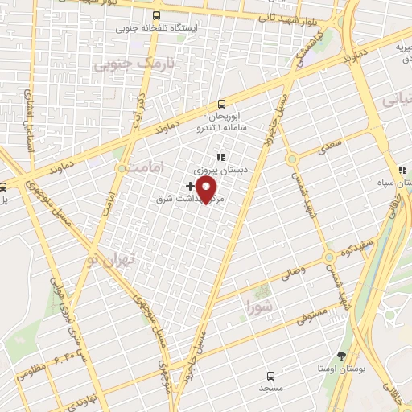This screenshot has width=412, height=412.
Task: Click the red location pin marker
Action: [208, 188]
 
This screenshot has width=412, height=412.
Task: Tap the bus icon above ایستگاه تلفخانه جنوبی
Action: [156, 15]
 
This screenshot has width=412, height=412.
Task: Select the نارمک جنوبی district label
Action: [122, 62]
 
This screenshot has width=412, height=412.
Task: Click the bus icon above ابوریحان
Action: [223, 104]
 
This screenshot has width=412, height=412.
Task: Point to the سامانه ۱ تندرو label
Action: [222, 128]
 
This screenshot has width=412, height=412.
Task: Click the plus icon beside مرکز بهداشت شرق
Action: [189, 186]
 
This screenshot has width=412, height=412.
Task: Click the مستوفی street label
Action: [307, 315]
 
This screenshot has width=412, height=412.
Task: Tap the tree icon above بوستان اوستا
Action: [342, 355]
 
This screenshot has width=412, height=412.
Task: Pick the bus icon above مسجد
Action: [270, 375]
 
